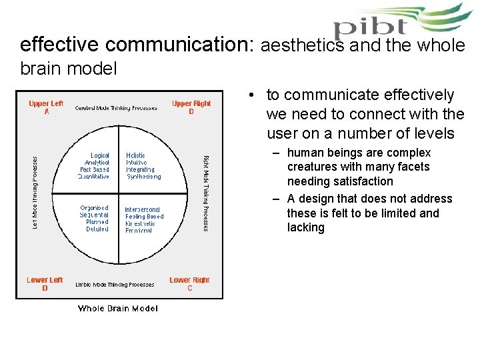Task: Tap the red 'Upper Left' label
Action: (46, 103)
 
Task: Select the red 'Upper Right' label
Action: (191, 103)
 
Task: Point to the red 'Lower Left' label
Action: (45, 280)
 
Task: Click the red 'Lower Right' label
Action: (189, 280)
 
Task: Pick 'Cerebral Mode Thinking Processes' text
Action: (116, 108)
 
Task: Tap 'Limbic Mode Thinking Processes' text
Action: (115, 285)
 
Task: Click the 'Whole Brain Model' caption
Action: (118, 308)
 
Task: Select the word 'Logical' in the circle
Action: (99, 155)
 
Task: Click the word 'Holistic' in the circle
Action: (135, 155)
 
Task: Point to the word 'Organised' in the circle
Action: (94, 208)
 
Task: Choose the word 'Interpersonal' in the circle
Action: (142, 209)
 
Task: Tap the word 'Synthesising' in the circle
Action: (143, 177)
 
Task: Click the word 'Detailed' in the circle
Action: (97, 229)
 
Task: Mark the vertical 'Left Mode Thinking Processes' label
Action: (35, 193)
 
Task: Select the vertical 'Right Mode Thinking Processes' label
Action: (205, 193)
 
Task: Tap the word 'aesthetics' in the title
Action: (301, 45)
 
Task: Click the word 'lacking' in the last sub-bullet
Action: (305, 227)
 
